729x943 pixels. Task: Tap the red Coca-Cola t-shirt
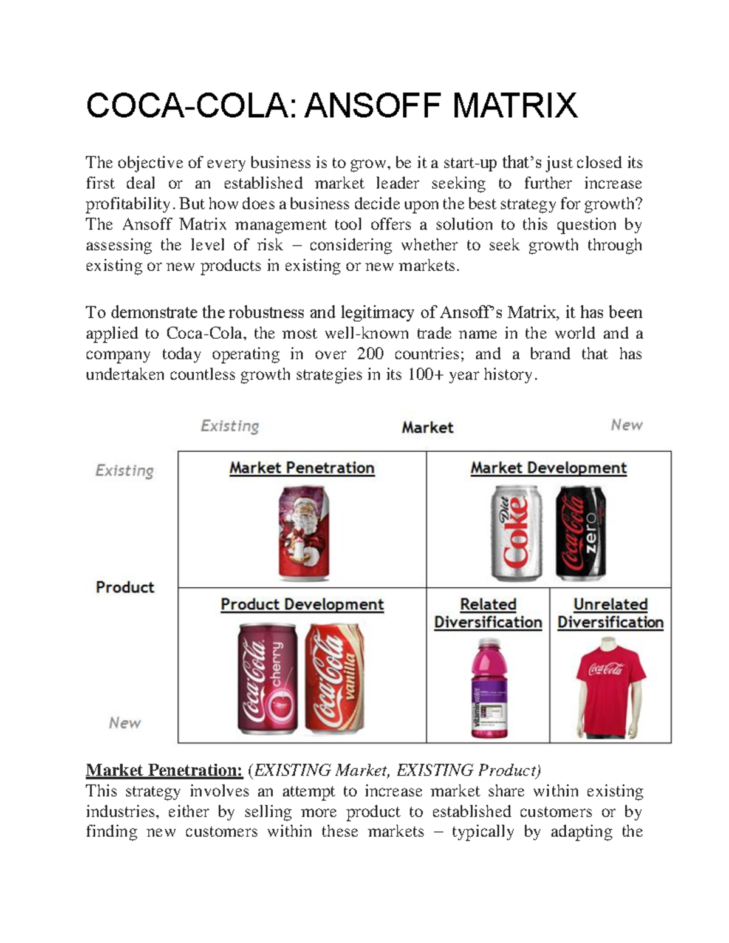pyautogui.click(x=610, y=686)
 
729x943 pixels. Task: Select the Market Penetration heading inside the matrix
pyautogui.click(x=302, y=468)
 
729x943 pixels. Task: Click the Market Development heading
pyautogui.click(x=549, y=468)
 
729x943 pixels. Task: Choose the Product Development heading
pyautogui.click(x=302, y=605)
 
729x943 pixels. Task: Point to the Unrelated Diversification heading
pyautogui.click(x=611, y=613)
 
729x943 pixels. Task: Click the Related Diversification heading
pyautogui.click(x=488, y=613)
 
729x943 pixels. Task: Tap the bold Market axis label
pyautogui.click(x=428, y=427)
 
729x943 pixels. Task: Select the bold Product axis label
pyautogui.click(x=125, y=587)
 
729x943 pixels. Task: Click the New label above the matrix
pyautogui.click(x=626, y=425)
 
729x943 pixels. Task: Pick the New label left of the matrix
pyautogui.click(x=125, y=723)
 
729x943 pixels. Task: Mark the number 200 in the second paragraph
pyautogui.click(x=370, y=354)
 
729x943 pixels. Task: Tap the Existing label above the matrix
pyautogui.click(x=230, y=426)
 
